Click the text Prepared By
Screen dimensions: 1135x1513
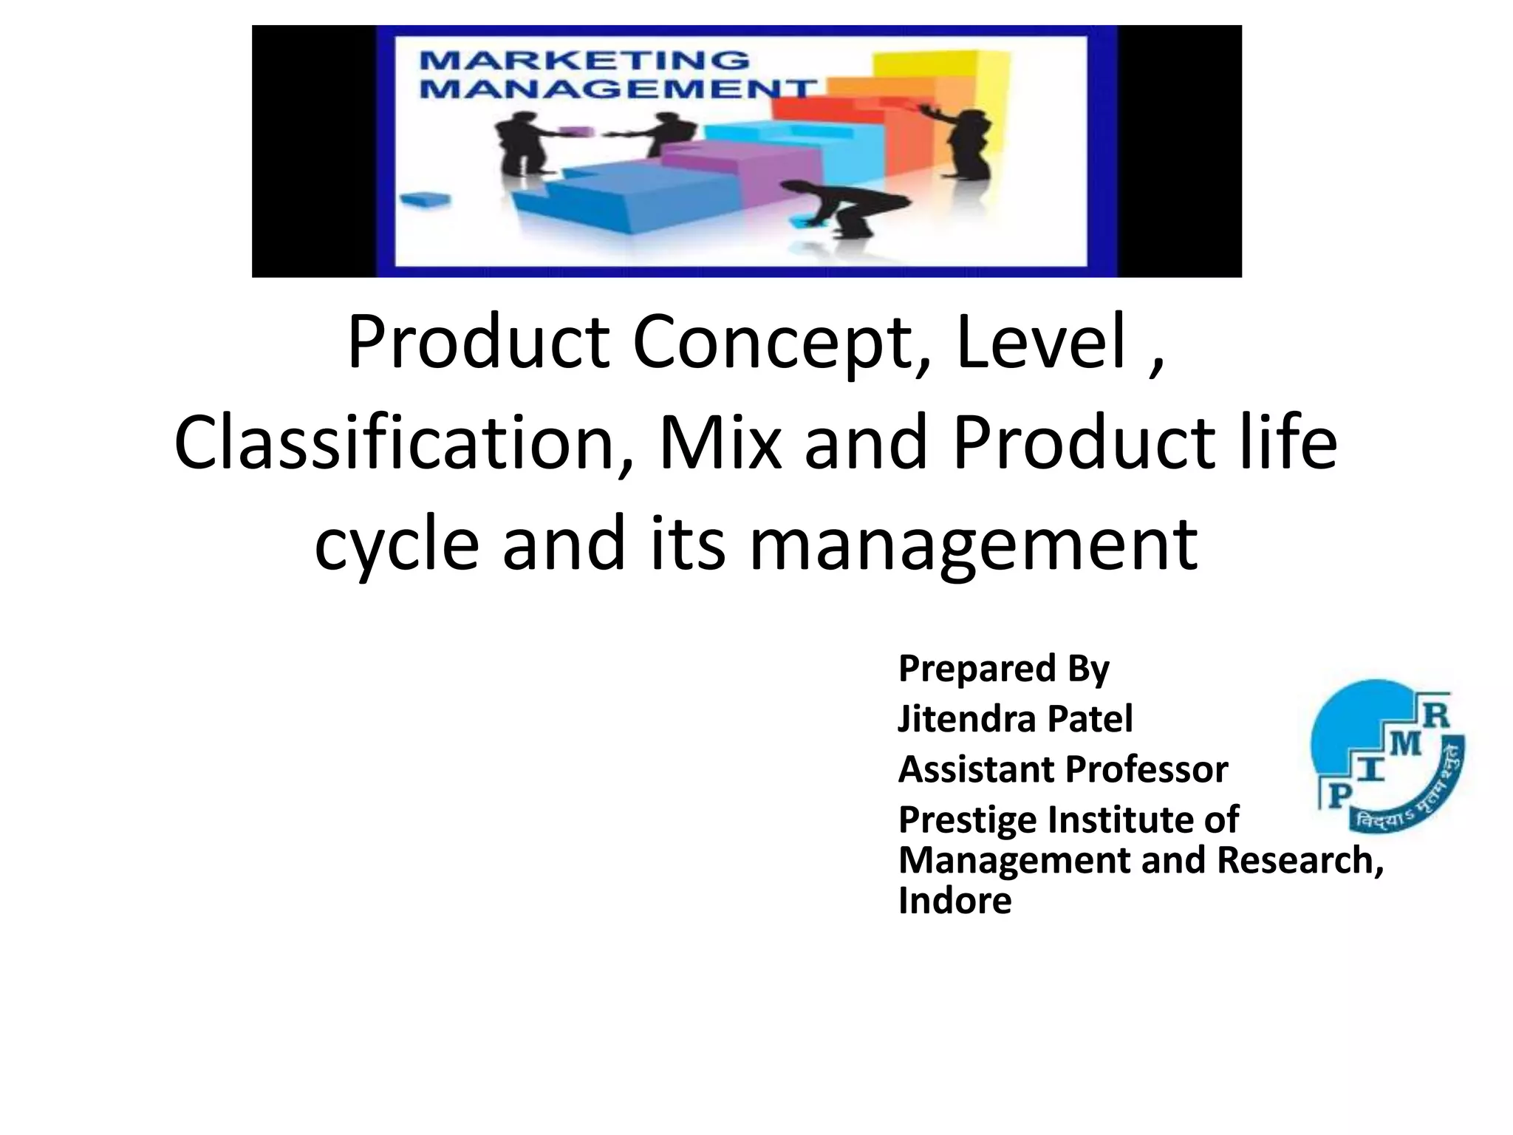[x=1003, y=668]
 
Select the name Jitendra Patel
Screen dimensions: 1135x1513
[x=1014, y=718]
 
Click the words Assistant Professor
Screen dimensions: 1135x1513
[x=1062, y=769]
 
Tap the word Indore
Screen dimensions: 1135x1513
[x=954, y=901]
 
